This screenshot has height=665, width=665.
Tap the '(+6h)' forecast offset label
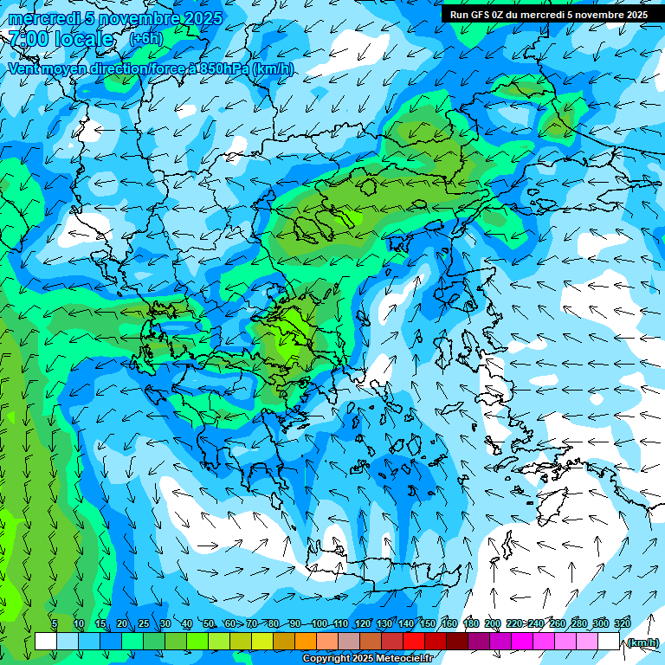[x=145, y=39]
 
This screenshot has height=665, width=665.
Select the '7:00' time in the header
[x=29, y=39]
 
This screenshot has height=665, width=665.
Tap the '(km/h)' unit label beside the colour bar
[x=642, y=642]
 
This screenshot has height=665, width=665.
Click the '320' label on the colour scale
[x=622, y=623]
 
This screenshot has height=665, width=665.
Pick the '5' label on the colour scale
[x=55, y=623]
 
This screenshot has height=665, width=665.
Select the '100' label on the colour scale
[x=320, y=623]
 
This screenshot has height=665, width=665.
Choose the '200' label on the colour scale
[x=493, y=623]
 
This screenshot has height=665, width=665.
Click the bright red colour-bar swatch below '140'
[x=414, y=642]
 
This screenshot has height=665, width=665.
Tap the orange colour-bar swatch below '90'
[x=306, y=642]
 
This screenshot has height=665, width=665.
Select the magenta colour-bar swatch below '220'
[x=522, y=642]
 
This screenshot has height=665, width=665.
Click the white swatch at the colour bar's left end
[x=46, y=642]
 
